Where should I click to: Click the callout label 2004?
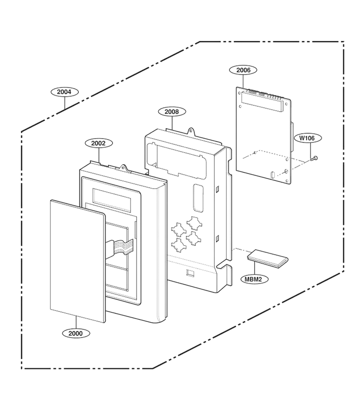[x=64, y=92]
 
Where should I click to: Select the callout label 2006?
[x=243, y=70]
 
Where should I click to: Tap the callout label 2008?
[x=172, y=112]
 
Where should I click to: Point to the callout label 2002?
[x=99, y=143]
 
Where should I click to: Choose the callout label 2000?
[x=76, y=333]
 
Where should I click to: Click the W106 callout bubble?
[x=307, y=138]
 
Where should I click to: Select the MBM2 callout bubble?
[x=255, y=279]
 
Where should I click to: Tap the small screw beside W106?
[x=314, y=158]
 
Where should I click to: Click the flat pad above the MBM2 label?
[x=268, y=259]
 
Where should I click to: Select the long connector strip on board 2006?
[x=261, y=102]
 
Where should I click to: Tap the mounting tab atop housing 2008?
[x=191, y=131]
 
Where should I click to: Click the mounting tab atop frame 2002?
[x=125, y=168]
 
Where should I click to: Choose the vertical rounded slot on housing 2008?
[x=198, y=197]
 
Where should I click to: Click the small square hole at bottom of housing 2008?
[x=190, y=273]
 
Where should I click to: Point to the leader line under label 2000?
[x=76, y=322]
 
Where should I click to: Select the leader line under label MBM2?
[x=254, y=268]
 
